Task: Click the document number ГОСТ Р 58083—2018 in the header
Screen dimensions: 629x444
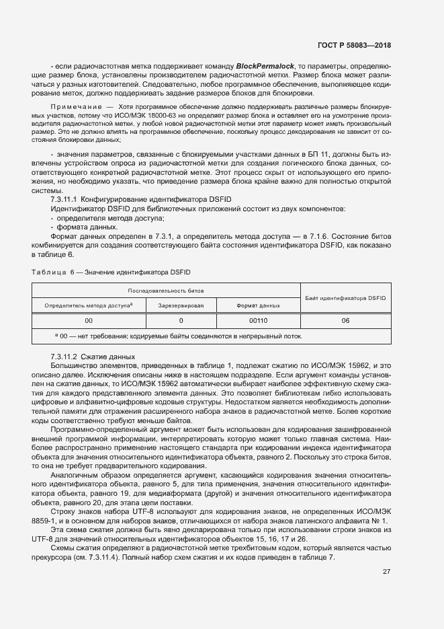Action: coord(354,45)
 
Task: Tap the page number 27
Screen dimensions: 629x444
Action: coord(386,572)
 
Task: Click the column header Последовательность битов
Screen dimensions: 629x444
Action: coord(166,291)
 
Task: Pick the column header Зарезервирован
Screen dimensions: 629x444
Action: coord(181,305)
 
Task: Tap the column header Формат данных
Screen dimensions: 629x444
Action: coord(259,305)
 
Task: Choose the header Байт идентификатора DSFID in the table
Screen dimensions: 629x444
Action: coord(345,297)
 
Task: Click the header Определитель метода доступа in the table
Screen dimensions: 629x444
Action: coord(88,305)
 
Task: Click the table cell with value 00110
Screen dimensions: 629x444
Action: coord(259,321)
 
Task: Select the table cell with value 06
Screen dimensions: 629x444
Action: coord(345,321)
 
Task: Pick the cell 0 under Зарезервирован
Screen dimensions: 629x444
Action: coord(181,321)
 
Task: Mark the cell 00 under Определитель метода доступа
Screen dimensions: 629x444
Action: coord(89,321)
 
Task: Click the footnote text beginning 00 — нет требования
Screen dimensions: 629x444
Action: coord(178,336)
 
